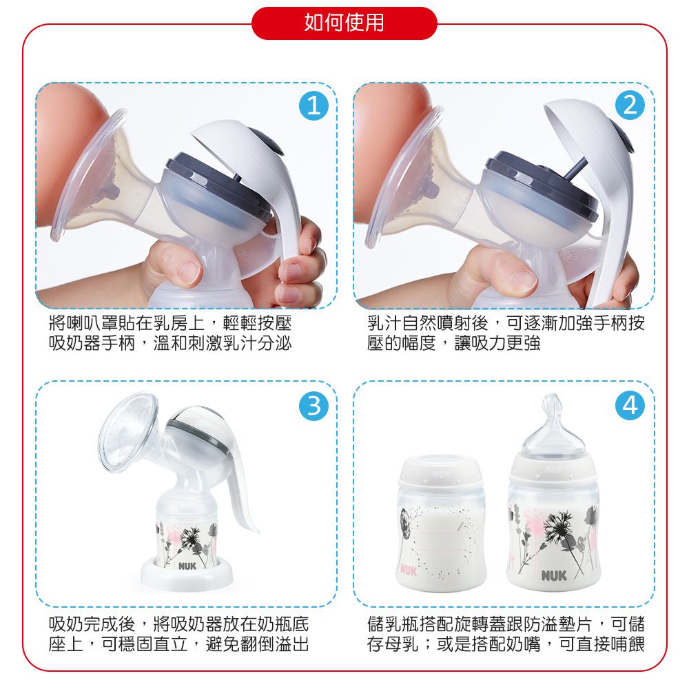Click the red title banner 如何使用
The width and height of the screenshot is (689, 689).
click(x=344, y=23)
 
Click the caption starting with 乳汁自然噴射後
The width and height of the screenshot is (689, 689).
click(x=506, y=333)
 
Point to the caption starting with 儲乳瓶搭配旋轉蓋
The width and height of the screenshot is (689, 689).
click(x=506, y=635)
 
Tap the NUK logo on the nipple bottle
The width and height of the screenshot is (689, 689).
click(x=554, y=575)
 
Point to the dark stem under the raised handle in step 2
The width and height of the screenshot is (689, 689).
click(x=577, y=168)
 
